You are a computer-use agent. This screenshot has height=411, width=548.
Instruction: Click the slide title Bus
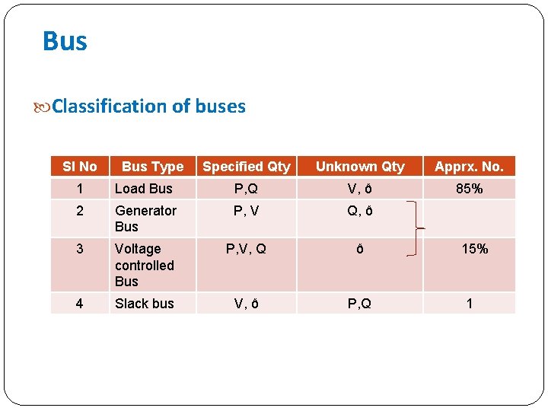[65, 41]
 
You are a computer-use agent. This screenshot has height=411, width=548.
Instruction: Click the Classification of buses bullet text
[148, 107]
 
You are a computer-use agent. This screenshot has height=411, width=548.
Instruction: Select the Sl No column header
[80, 167]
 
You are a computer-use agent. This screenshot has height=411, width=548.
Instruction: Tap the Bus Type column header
[152, 167]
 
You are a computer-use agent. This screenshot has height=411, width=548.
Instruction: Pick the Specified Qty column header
[247, 167]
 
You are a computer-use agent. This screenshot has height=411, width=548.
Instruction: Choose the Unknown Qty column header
[360, 167]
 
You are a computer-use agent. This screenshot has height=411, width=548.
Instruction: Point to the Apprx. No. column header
[469, 167]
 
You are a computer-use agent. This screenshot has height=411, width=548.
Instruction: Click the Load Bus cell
[144, 189]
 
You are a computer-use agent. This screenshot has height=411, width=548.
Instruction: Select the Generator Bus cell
[145, 218]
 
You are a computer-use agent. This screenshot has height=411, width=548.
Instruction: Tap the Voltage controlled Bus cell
[144, 265]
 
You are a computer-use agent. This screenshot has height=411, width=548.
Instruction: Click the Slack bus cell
[144, 304]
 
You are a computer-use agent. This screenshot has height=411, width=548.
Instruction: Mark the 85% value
[469, 189]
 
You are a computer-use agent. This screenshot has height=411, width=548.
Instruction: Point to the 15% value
[474, 249]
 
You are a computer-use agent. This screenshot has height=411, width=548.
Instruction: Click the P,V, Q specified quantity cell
[246, 249]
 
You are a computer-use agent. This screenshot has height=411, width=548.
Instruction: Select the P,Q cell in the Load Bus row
[246, 189]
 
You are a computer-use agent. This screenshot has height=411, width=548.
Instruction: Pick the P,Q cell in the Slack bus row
[360, 304]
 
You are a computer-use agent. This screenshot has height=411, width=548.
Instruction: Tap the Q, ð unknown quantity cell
[360, 211]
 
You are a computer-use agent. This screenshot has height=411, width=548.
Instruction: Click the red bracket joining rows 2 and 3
[416, 229]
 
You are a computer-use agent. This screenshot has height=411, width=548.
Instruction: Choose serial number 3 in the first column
[79, 249]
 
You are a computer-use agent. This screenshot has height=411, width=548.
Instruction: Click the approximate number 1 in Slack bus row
[470, 304]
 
